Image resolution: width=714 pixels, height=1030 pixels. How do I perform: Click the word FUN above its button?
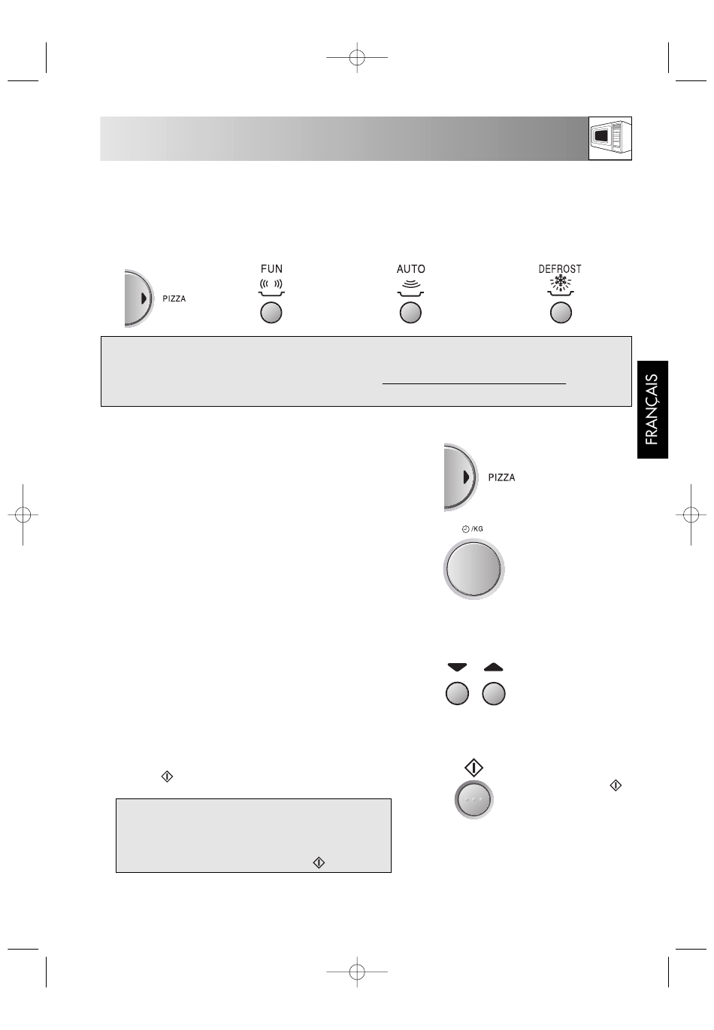271,268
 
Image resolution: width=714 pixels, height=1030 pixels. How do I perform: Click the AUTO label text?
410,269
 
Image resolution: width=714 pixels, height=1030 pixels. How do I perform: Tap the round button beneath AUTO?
410,313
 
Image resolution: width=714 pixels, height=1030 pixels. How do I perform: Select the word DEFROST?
560,269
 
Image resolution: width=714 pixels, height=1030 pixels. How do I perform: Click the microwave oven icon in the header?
610,138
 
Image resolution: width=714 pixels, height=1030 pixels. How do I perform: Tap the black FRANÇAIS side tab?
652,409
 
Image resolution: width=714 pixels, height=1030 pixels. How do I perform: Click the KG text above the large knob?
478,529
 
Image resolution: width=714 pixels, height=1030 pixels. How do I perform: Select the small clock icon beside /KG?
465,529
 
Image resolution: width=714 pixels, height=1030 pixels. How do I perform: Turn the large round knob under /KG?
473,569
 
